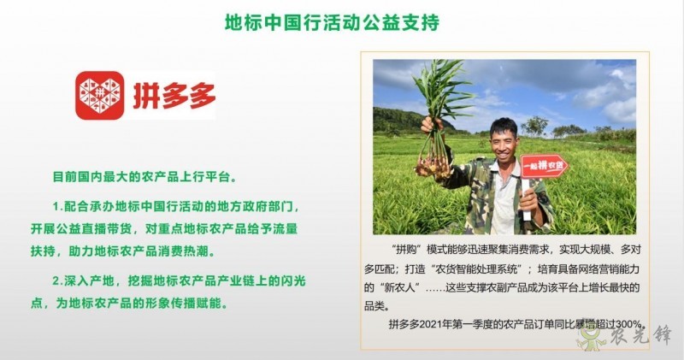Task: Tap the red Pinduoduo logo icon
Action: coord(99,95)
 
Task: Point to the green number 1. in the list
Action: coord(57,206)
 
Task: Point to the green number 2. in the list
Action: coord(57,280)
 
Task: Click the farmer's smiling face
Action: coord(504,139)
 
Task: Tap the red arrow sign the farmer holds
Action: coord(545,163)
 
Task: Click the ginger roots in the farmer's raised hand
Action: coord(433,157)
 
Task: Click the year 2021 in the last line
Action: coord(442,323)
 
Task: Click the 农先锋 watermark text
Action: coord(641,340)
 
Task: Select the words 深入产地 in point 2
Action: coord(95,280)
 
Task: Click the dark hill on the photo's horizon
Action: coord(402,120)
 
